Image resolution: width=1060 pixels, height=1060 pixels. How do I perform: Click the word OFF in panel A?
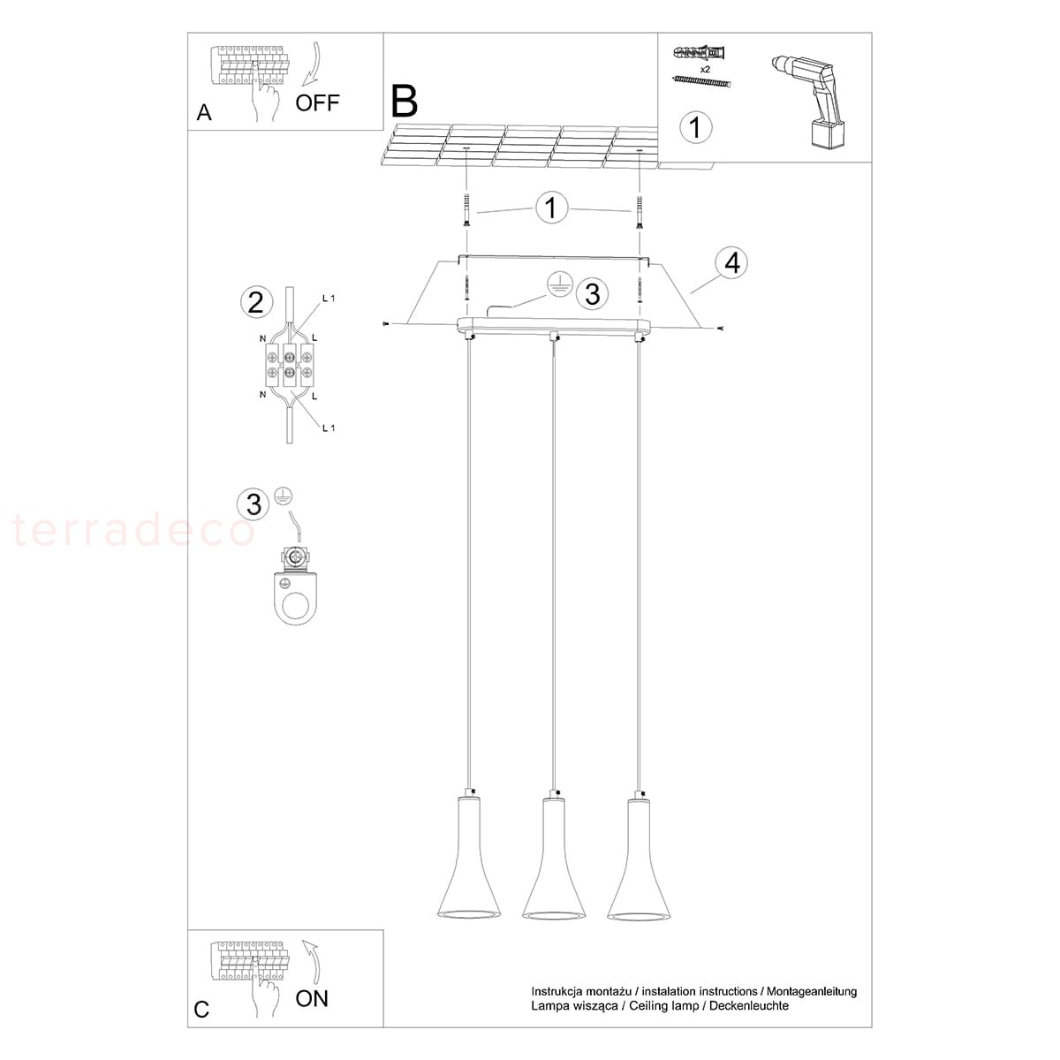(317, 102)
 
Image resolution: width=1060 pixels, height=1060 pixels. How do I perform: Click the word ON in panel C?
(311, 998)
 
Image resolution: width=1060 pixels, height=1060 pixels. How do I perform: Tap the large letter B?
(405, 101)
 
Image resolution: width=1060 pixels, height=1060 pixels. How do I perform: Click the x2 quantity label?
(705, 70)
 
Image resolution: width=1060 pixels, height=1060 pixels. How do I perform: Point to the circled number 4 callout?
(732, 263)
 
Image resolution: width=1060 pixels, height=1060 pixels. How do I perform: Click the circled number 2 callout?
(256, 303)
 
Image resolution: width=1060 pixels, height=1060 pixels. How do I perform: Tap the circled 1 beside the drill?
(696, 127)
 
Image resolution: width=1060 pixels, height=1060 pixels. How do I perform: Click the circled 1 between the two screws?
(551, 208)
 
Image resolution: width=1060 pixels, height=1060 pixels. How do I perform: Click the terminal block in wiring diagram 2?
(291, 365)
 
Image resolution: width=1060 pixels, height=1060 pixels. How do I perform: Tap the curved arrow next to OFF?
(313, 64)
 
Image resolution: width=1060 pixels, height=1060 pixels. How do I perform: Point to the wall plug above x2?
(699, 53)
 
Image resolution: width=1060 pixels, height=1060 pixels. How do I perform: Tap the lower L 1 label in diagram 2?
(329, 428)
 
